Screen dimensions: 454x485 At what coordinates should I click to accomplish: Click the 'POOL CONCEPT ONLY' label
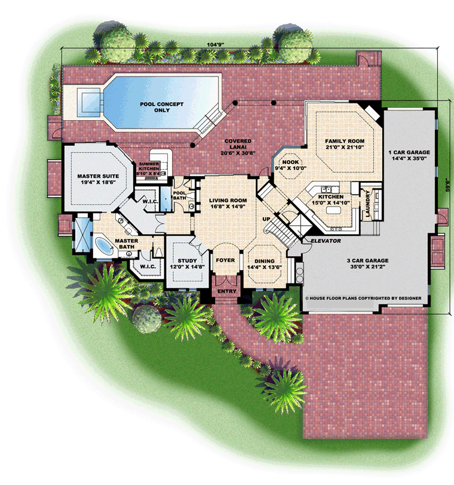[x=162, y=107]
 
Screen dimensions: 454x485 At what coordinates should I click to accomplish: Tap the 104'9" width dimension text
[x=215, y=44]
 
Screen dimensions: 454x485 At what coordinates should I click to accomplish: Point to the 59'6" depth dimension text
[x=448, y=185]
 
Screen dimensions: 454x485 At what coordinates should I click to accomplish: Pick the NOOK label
[x=290, y=162]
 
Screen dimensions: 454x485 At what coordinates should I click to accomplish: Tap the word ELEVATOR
[x=326, y=240]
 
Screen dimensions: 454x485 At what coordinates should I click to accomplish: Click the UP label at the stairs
[x=266, y=219]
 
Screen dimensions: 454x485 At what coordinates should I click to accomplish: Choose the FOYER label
[x=225, y=260]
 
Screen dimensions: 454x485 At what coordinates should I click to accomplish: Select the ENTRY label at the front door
[x=227, y=291]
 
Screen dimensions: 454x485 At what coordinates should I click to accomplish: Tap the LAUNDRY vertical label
[x=368, y=203]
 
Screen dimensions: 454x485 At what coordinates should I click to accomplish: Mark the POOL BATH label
[x=180, y=196]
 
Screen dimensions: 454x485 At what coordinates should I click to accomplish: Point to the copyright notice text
[x=363, y=298]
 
